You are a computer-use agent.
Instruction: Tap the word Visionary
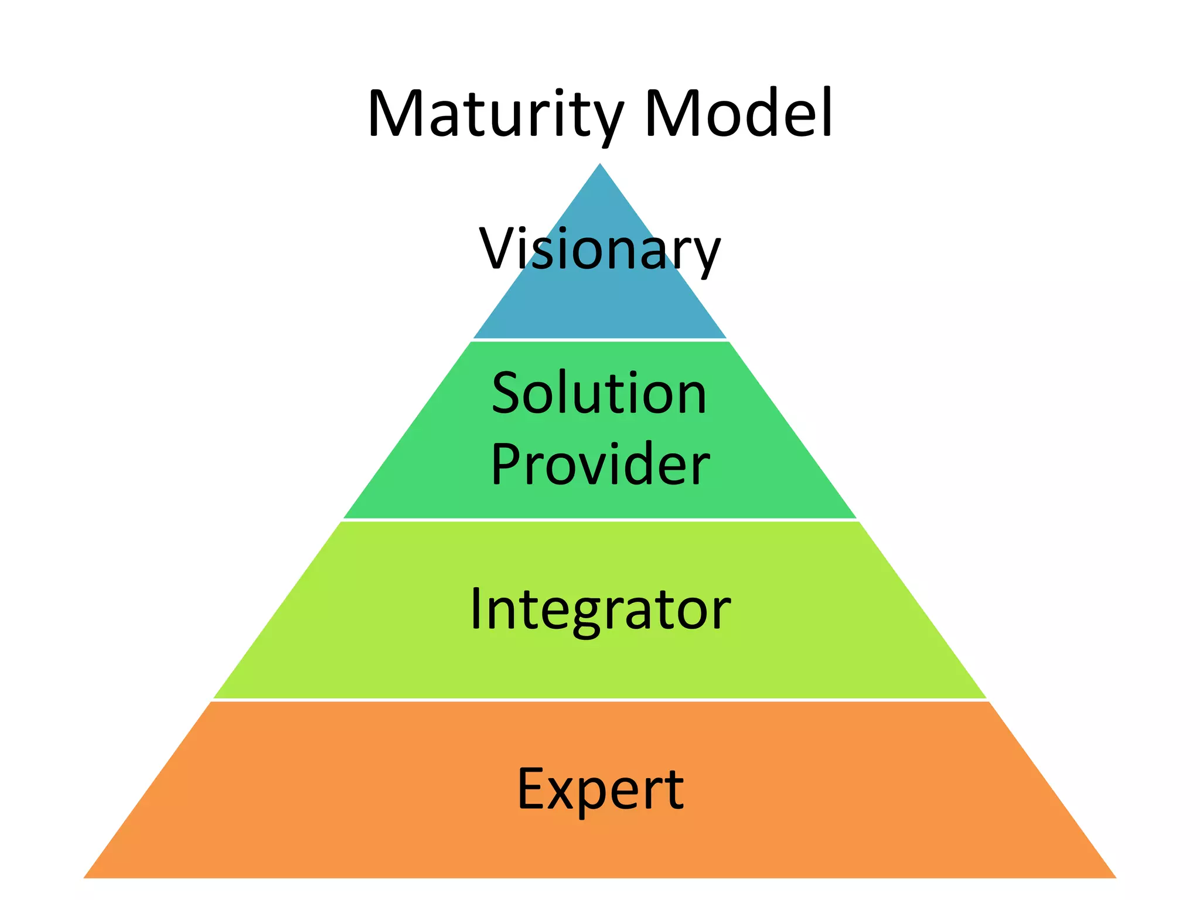tap(599, 249)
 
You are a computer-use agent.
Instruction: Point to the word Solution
tap(599, 393)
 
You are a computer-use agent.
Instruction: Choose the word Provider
tap(600, 464)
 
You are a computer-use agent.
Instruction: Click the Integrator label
tap(600, 610)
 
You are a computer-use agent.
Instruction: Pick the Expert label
tap(600, 789)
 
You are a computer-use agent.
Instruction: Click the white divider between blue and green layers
tap(599, 340)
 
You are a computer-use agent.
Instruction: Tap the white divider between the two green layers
tap(599, 520)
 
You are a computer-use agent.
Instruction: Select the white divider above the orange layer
tap(599, 700)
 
